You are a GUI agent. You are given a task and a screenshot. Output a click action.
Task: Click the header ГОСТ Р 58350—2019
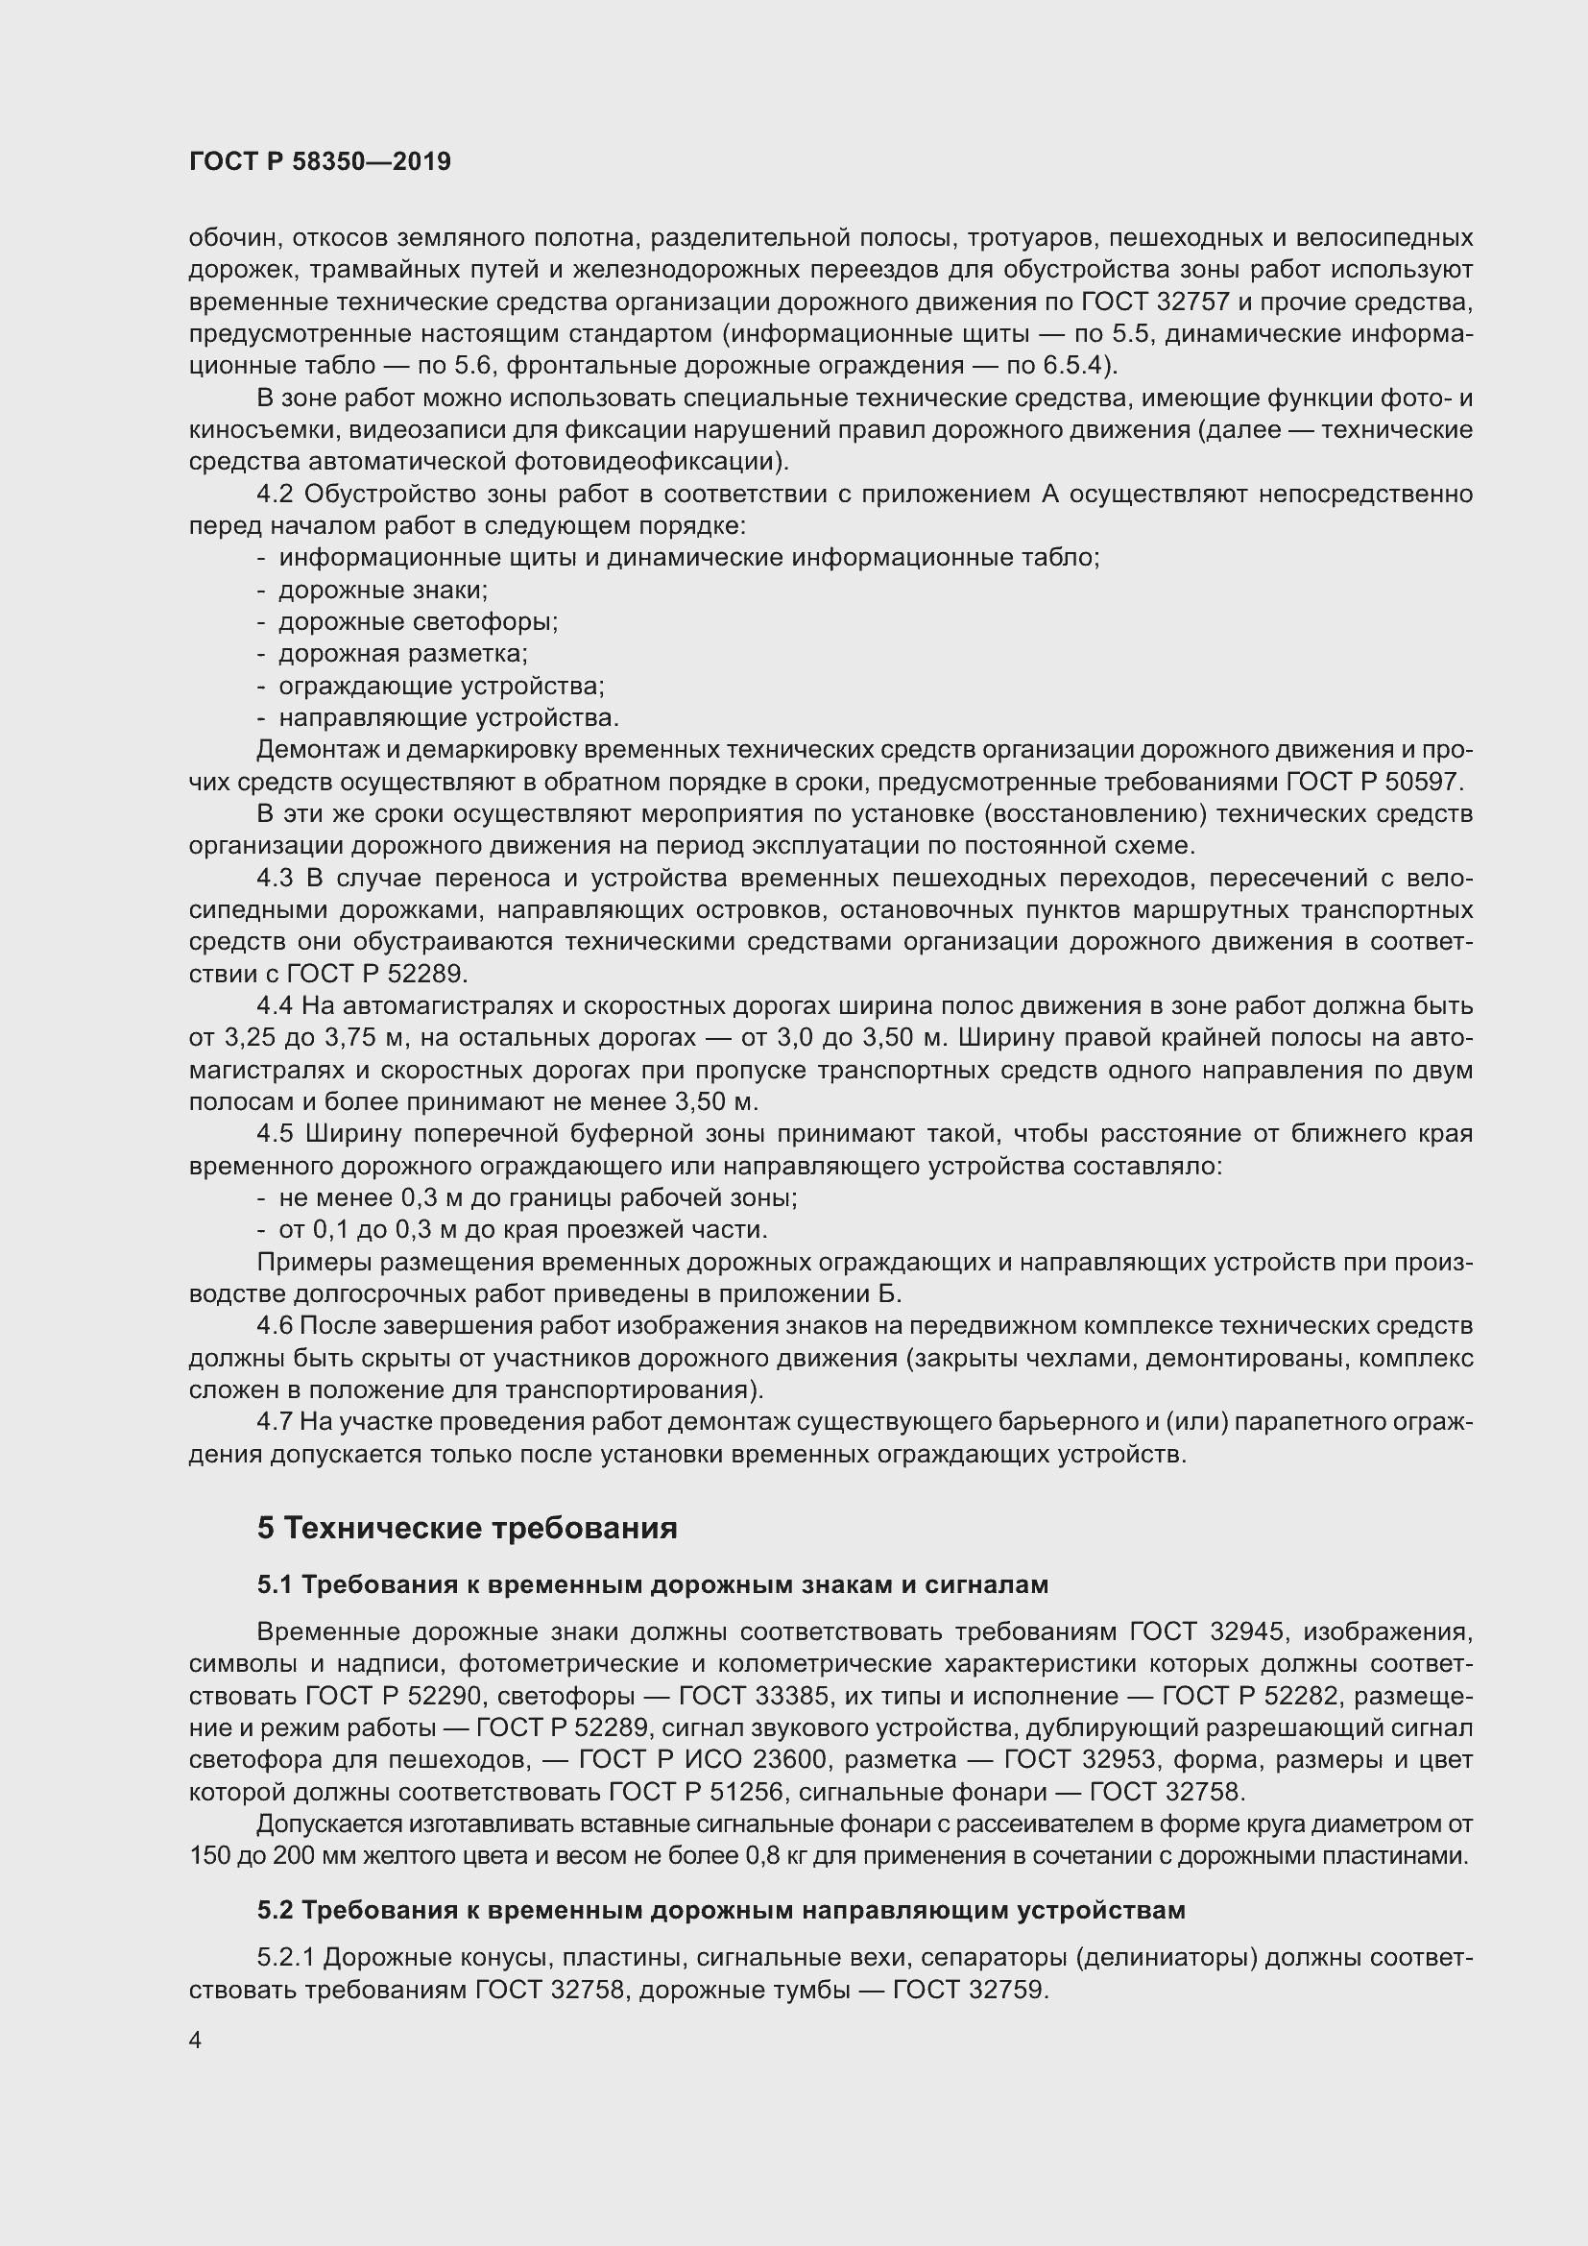pyautogui.click(x=320, y=161)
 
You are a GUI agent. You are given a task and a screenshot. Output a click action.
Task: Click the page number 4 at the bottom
pyautogui.click(x=196, y=2041)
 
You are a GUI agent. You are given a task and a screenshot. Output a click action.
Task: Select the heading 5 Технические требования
pyautogui.click(x=468, y=1528)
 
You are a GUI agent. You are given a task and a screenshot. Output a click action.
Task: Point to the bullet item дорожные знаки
pyautogui.click(x=382, y=590)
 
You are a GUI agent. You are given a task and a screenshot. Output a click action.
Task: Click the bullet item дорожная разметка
pyautogui.click(x=402, y=654)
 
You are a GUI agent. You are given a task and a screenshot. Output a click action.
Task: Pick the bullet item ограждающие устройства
pyautogui.click(x=440, y=686)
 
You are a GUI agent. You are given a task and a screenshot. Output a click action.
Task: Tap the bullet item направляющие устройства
pyautogui.click(x=447, y=718)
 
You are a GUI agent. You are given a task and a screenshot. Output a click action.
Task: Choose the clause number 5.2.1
pyautogui.click(x=285, y=1957)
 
